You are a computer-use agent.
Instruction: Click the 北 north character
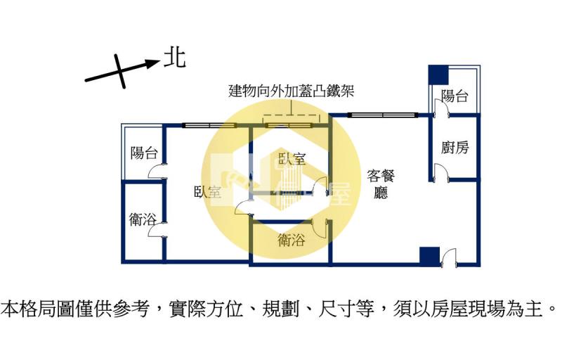point(174,59)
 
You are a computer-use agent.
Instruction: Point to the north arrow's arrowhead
point(153,64)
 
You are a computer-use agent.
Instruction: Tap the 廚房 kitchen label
point(455,147)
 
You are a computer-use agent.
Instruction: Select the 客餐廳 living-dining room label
point(381,184)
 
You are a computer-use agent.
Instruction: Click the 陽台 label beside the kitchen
point(455,96)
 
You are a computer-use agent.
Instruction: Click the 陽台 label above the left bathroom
point(144,153)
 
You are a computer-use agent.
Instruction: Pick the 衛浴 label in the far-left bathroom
point(143,219)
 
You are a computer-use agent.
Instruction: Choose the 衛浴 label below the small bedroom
point(292,240)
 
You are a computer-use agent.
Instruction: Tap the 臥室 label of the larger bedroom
point(207,192)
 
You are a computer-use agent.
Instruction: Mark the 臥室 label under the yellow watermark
point(292,158)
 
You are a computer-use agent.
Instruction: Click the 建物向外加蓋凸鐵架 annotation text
point(292,91)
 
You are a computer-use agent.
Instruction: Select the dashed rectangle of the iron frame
point(291,119)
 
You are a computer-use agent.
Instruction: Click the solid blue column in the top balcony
point(438,75)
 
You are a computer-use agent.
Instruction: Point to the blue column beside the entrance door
point(429,257)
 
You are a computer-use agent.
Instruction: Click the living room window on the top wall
point(383,115)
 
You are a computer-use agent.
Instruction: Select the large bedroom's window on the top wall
point(209,125)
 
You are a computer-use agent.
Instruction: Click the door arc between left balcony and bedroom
point(157,171)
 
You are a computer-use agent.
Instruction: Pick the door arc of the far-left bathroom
point(157,229)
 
